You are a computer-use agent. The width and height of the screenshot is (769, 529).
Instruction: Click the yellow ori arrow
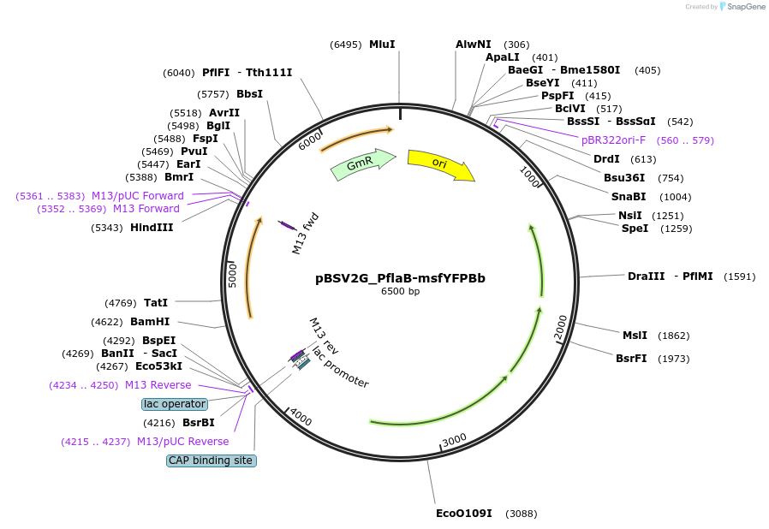(440, 164)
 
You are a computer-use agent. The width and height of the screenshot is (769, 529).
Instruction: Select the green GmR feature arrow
(362, 164)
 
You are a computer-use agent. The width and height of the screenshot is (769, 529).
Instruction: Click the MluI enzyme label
(382, 45)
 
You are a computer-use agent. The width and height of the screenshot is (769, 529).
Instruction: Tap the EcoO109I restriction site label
(464, 514)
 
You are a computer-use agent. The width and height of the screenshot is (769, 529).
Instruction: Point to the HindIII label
(152, 228)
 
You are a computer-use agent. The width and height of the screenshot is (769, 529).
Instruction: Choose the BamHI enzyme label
(150, 322)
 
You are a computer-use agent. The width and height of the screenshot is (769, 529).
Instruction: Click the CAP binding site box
(211, 461)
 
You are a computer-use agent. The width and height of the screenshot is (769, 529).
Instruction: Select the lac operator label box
(175, 404)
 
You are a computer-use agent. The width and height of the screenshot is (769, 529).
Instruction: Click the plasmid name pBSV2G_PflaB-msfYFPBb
(400, 278)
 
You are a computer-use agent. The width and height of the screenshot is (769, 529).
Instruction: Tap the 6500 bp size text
(400, 292)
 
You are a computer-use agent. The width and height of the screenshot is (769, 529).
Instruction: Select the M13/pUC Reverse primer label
(183, 442)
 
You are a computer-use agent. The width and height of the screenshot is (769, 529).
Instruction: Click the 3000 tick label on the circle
(455, 439)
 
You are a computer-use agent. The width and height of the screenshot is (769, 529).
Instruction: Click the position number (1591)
(740, 276)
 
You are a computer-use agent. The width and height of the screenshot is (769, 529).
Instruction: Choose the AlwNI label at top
(474, 45)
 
